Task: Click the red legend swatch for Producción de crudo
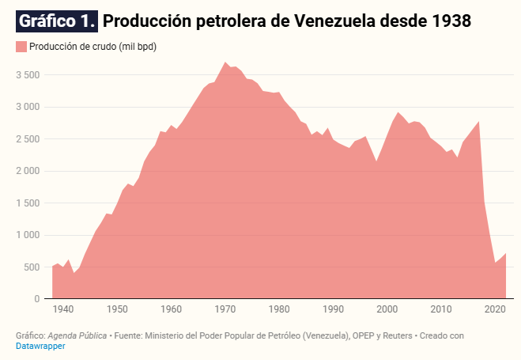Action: tap(21, 47)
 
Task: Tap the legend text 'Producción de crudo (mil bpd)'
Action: tap(92, 47)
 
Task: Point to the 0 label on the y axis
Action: tap(36, 299)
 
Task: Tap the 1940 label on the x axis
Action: tap(63, 309)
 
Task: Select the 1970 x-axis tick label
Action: tap(225, 309)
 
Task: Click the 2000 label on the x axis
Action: tap(387, 309)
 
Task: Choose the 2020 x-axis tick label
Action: tap(495, 309)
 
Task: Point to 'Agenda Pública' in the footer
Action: tap(77, 335)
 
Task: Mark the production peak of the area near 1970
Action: tap(225, 62)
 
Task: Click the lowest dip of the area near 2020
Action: tap(495, 263)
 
